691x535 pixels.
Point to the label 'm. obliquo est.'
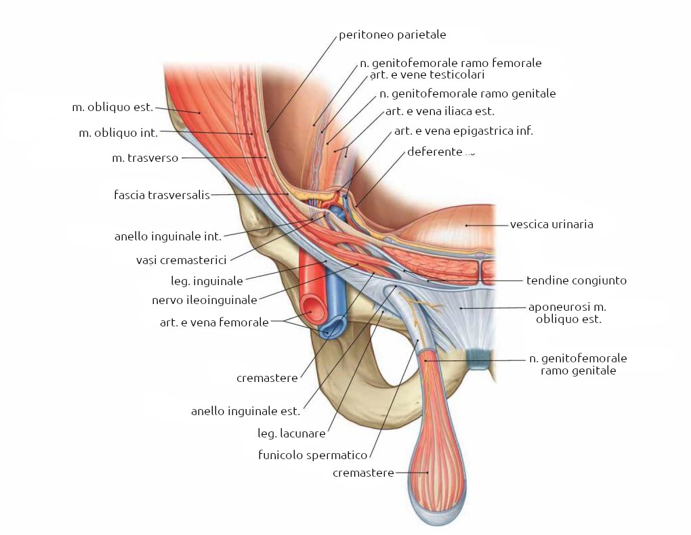(112, 107)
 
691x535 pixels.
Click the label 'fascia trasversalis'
(162, 195)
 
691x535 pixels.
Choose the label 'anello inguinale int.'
(168, 236)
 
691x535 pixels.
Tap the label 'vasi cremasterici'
(181, 259)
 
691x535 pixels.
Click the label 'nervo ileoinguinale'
(205, 299)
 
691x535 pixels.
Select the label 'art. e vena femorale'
(214, 322)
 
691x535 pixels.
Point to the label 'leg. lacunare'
(292, 433)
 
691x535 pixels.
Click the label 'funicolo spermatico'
(312, 455)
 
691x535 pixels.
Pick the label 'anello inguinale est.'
(245, 410)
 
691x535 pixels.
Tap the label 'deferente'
(434, 152)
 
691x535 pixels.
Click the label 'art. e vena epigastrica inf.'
(463, 131)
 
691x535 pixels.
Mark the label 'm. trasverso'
(145, 158)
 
